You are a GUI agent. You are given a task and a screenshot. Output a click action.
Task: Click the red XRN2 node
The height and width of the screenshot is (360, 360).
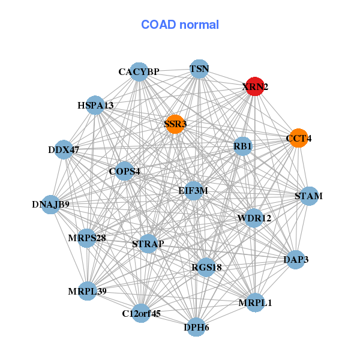click(x=255, y=86)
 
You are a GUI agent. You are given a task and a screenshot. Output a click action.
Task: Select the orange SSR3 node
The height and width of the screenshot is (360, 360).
click(x=175, y=124)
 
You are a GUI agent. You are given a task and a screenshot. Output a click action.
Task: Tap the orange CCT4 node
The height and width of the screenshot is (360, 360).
click(x=298, y=138)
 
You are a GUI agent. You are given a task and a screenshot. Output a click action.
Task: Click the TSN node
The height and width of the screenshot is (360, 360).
click(x=199, y=69)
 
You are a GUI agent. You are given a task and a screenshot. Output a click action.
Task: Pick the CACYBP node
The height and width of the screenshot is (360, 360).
click(x=139, y=72)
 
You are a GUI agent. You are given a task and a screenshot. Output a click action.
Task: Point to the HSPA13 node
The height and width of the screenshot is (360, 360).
click(x=95, y=105)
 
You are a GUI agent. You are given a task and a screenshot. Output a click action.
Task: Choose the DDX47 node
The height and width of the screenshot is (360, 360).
click(x=64, y=149)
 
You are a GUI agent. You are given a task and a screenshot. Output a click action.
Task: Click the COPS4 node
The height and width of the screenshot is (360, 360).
click(x=124, y=171)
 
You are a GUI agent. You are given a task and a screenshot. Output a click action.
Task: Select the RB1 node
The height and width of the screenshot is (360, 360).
click(x=242, y=146)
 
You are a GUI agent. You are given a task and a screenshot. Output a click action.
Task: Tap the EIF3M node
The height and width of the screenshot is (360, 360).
click(x=193, y=191)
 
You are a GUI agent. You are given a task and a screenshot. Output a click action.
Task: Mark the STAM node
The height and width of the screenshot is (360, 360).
click(x=309, y=196)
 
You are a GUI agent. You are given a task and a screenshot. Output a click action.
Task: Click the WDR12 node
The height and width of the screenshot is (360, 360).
click(x=254, y=218)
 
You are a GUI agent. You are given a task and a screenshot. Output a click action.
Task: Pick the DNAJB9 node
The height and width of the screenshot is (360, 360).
click(x=50, y=205)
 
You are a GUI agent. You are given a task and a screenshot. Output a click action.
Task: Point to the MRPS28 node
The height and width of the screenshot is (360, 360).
click(x=87, y=238)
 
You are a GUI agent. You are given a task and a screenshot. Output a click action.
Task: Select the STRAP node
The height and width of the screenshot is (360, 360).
click(x=148, y=244)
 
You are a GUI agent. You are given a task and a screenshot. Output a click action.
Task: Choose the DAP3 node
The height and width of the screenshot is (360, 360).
click(x=296, y=260)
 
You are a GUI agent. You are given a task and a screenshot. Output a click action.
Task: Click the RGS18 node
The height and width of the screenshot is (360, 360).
click(x=206, y=267)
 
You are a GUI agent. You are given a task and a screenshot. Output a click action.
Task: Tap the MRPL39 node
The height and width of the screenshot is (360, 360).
click(x=87, y=291)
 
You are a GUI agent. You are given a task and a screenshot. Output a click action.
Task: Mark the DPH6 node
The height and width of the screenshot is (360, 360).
click(x=196, y=327)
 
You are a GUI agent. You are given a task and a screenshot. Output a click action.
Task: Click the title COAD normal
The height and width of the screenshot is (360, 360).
click(x=180, y=25)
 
